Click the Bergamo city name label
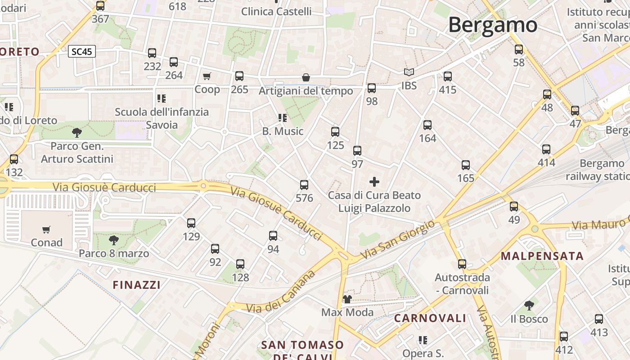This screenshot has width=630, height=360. tap(493, 25)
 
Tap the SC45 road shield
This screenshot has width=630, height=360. tap(81, 51)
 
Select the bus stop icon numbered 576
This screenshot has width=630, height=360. tap(304, 185)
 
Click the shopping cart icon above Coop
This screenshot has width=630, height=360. tap(207, 76)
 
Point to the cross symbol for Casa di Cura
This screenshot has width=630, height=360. tap(374, 182)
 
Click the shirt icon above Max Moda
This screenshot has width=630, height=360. tap(347, 299)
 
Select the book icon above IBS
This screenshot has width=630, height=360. tap(409, 72)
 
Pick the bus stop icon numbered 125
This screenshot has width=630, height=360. tap(335, 132)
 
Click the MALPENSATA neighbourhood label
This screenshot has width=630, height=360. tap(542, 256)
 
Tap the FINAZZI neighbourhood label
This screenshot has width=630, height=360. tap(136, 285)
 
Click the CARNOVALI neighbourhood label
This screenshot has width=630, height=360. tap(430, 318)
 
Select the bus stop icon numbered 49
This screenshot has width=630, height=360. tap(514, 207)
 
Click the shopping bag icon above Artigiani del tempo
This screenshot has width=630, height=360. tap(306, 78)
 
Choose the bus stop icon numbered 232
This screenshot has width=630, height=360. tap(152, 53)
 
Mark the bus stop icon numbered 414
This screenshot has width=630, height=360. tap(546, 149)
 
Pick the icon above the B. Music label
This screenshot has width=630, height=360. tap(283, 118)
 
